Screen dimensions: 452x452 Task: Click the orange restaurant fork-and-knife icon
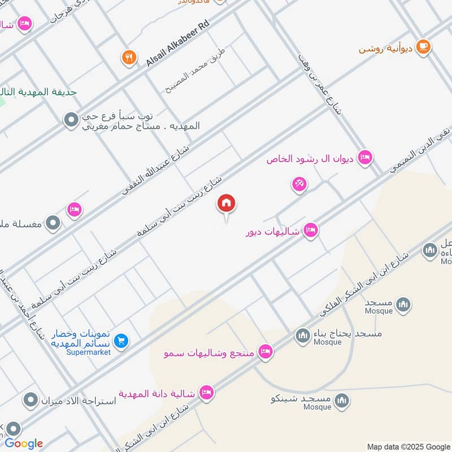(x=129, y=57)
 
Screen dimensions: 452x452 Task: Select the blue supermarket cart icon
(x=121, y=341)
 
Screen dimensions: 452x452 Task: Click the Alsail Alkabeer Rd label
(x=177, y=45)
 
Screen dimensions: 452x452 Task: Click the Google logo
(x=24, y=444)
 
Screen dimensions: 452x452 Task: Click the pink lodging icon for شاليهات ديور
(x=310, y=231)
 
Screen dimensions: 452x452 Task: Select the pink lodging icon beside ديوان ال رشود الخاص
(x=366, y=158)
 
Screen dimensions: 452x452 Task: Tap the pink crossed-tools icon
(x=299, y=184)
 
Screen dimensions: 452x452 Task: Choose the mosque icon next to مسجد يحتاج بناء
(x=302, y=337)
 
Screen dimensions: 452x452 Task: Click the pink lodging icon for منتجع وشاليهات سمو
(x=265, y=353)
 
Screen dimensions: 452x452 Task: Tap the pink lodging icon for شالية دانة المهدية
(x=207, y=393)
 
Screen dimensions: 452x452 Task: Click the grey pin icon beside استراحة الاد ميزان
(x=29, y=401)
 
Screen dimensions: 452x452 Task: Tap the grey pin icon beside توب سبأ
(x=71, y=120)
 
